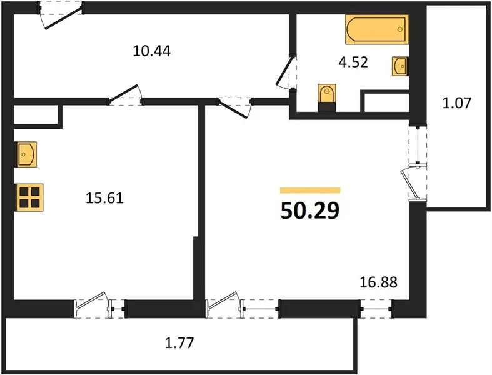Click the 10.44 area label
(x=151, y=51)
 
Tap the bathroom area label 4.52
(x=353, y=62)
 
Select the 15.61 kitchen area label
(x=105, y=198)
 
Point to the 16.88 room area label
(x=378, y=282)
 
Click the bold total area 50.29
(x=310, y=211)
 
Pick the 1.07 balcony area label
(x=457, y=103)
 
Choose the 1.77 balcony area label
(x=179, y=342)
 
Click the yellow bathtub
(x=377, y=29)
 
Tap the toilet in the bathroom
(x=326, y=97)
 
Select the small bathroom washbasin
(x=400, y=66)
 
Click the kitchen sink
(x=26, y=154)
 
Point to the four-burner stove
(x=29, y=197)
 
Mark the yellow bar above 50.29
(x=310, y=190)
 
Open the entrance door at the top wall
(x=61, y=16)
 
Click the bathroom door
(x=286, y=72)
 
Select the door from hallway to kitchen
(x=125, y=96)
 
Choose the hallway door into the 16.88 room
(x=235, y=107)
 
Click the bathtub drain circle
(x=399, y=29)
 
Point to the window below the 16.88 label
(x=376, y=309)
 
